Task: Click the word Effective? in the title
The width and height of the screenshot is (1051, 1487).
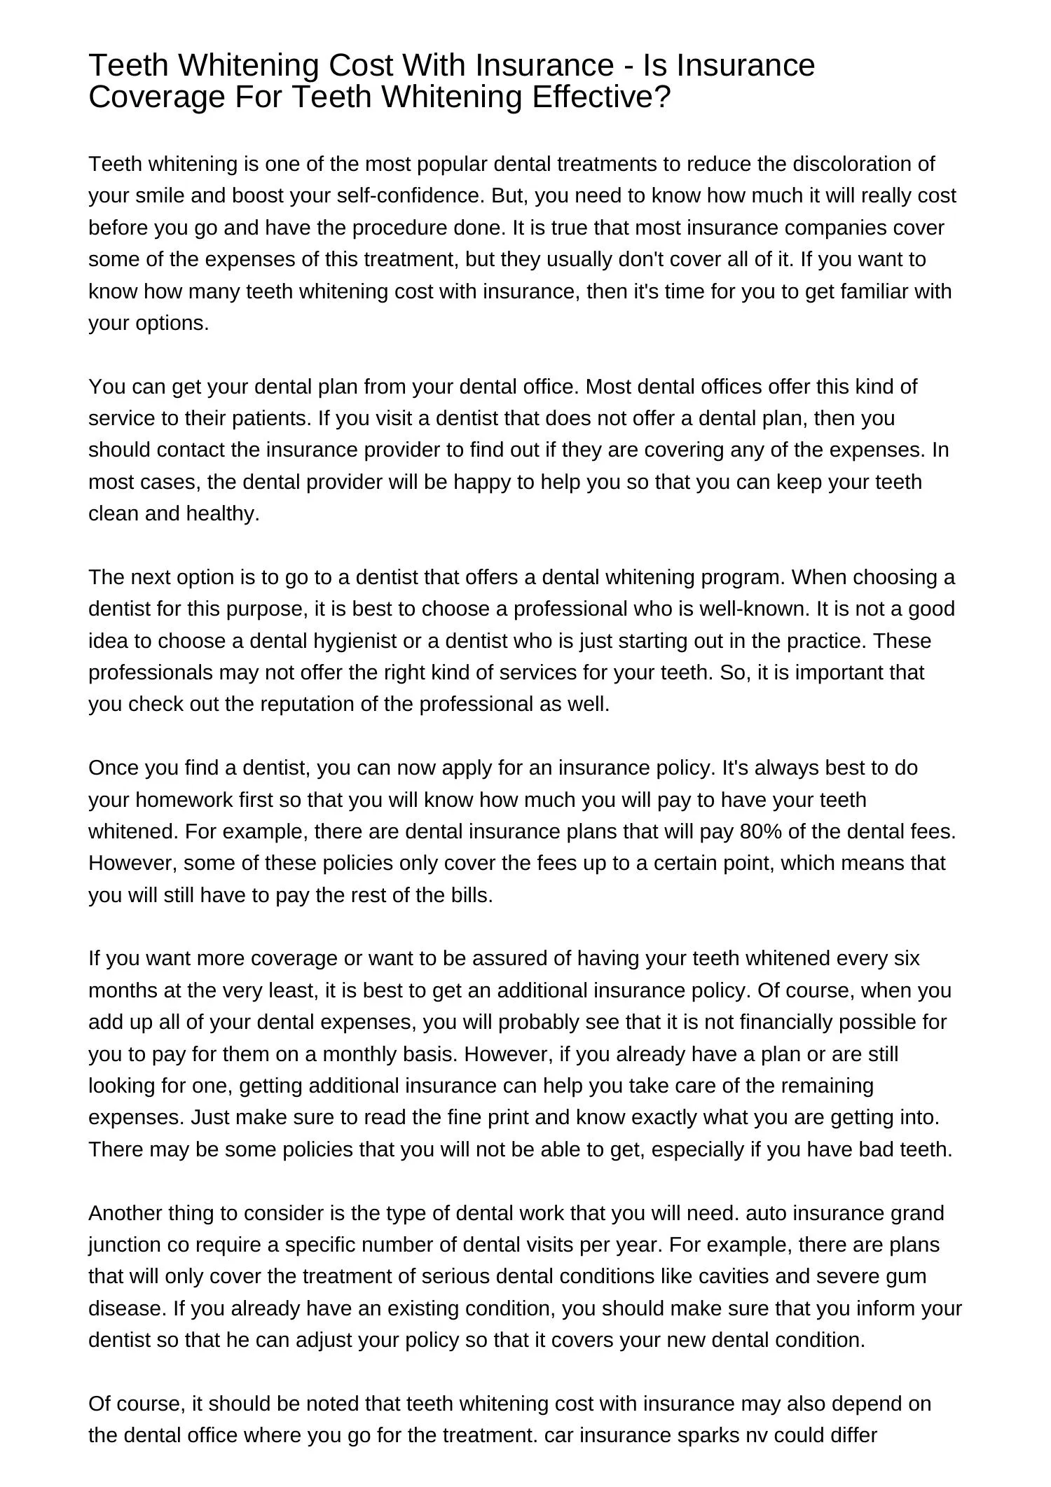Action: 602,97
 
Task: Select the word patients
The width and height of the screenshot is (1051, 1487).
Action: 268,418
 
